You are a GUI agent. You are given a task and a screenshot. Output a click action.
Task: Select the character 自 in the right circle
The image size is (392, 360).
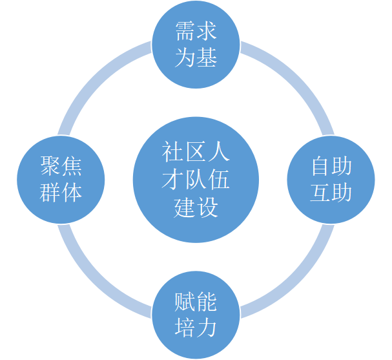(320, 167)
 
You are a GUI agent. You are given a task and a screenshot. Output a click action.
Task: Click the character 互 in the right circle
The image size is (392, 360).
(320, 192)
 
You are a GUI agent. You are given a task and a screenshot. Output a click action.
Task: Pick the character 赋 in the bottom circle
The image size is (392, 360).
(185, 302)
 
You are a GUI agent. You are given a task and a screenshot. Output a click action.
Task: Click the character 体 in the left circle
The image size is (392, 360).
(72, 192)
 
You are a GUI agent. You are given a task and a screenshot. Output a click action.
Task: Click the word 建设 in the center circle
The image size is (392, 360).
(196, 207)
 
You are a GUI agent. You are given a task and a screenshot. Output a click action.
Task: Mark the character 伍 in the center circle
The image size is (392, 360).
(218, 181)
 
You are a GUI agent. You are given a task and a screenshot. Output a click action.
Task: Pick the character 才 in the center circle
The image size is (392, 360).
(173, 181)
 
